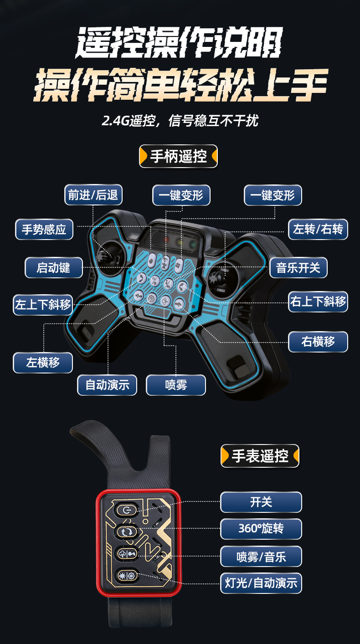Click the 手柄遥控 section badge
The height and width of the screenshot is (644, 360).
coord(178,156)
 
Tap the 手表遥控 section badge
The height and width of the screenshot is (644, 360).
coord(260,455)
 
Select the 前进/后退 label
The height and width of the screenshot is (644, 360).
coord(93,195)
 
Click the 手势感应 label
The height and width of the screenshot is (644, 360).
coord(44,229)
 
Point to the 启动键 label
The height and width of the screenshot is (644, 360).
coord(53,267)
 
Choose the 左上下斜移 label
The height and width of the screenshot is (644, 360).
coord(43,305)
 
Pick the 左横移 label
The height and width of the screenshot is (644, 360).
coord(43,363)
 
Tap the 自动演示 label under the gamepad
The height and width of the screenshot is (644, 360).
coord(107,385)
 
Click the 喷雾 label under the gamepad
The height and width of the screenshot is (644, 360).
coord(175,385)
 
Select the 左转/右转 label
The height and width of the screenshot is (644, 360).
coord(318,229)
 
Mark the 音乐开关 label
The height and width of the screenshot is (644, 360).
coord(298,267)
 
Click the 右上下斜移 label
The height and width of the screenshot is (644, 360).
coord(318,302)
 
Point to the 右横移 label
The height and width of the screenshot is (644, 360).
coord(318,342)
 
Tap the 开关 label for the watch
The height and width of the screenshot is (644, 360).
coord(261,502)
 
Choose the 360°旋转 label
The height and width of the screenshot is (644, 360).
coord(261,529)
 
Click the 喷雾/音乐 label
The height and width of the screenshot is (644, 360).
coord(261,557)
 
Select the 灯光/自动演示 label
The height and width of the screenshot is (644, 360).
coord(261,583)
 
